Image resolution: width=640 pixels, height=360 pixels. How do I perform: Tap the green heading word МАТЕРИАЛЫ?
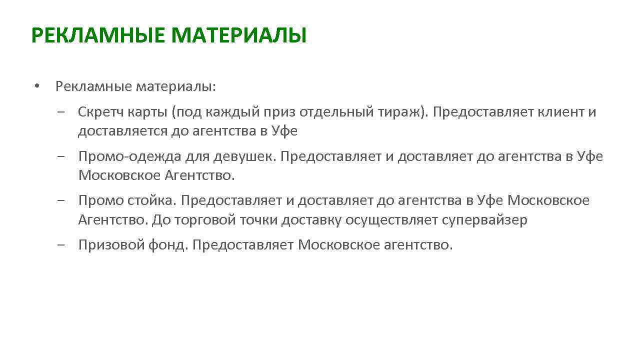(238, 36)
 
